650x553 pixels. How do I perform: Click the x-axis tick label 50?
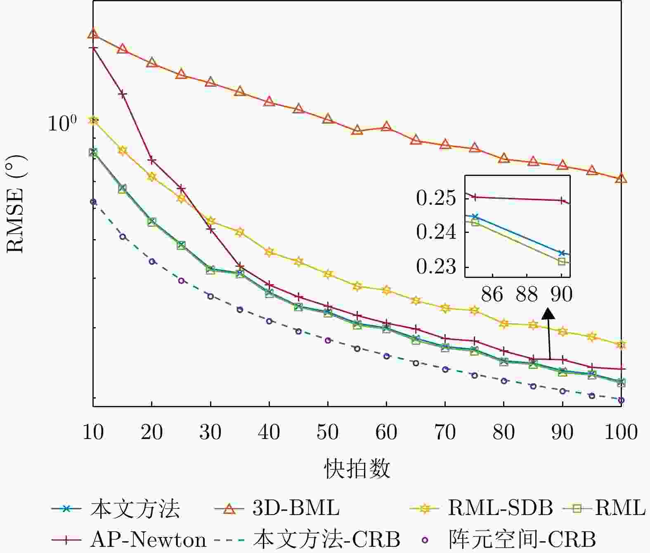pos(328,432)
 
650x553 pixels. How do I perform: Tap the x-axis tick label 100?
pos(621,432)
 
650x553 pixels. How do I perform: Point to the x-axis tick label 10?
pos(93,432)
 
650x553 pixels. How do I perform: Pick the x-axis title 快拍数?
pos(357,469)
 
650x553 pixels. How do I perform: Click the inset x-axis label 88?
pos(527,294)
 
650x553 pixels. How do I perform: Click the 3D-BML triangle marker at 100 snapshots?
pos(621,178)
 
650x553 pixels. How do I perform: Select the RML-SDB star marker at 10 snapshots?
pos(93,120)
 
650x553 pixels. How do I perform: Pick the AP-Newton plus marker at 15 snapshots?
pos(123,94)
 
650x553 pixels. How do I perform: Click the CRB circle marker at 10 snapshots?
pos(93,202)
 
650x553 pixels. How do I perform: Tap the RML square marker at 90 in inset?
pos(561,261)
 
